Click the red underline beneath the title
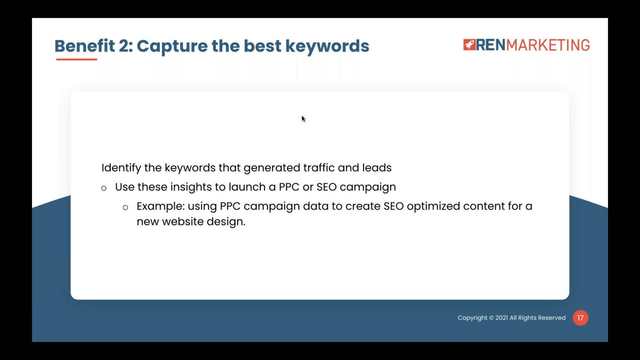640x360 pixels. tap(77, 59)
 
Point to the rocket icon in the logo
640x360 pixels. tap(469, 45)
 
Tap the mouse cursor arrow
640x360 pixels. tap(303, 119)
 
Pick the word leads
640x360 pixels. tap(377, 168)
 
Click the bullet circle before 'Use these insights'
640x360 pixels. tap(104, 188)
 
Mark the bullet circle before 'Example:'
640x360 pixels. tap(126, 207)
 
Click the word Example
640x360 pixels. tap(159, 206)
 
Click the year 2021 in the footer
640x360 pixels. tap(501, 318)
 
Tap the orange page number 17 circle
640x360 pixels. tap(580, 318)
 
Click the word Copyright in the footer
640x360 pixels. tap(472, 318)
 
